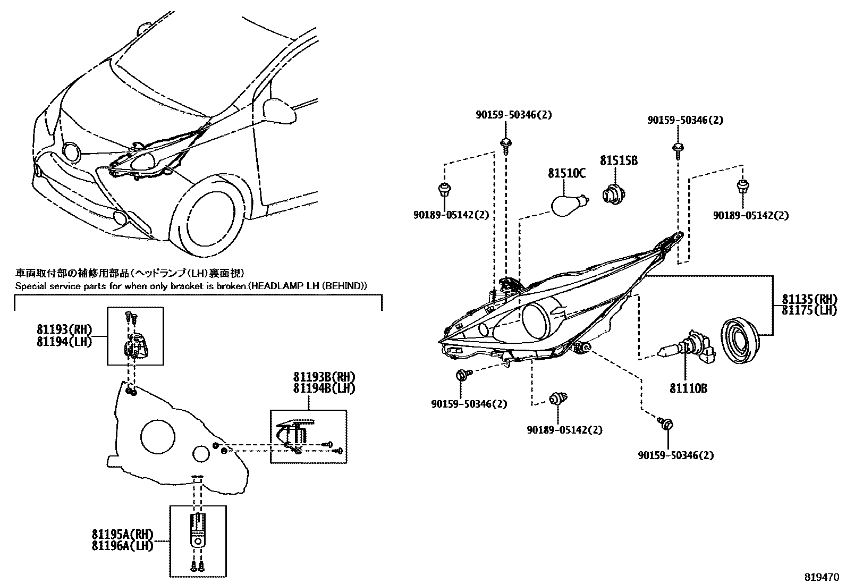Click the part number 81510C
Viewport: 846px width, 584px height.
(567, 173)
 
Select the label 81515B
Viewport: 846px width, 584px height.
(619, 160)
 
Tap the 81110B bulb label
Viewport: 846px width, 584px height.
(688, 388)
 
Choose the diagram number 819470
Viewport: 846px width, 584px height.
(820, 575)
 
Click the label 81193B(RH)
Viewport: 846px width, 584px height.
(324, 377)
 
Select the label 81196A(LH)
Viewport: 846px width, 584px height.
(122, 546)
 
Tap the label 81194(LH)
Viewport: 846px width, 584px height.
(64, 342)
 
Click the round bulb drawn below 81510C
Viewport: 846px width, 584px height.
(568, 205)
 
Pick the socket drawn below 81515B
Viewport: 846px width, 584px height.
(613, 194)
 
